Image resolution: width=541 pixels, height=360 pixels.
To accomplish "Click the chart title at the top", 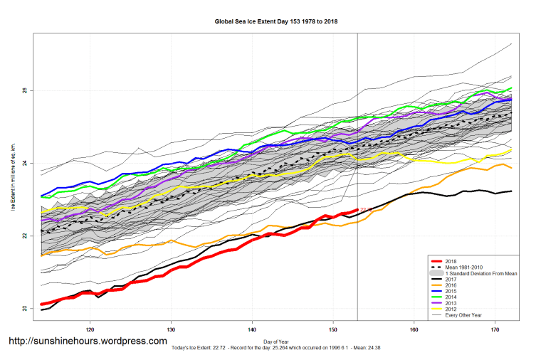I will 276,21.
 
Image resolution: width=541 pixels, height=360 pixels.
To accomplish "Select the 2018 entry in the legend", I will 451,261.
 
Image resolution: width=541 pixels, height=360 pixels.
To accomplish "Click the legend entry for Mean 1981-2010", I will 468,268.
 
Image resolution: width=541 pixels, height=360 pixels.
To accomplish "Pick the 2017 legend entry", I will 451,280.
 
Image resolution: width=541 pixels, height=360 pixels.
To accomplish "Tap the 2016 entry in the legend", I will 451,287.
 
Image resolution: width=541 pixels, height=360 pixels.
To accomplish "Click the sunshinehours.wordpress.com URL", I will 88,342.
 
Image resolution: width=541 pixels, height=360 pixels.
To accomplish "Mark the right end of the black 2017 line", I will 511,191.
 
